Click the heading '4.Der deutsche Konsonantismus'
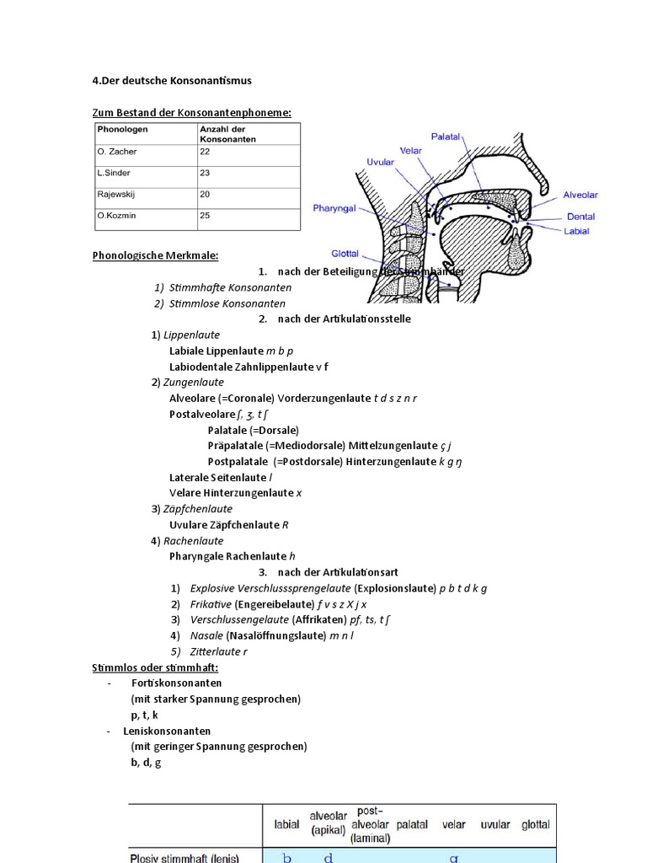coord(171,81)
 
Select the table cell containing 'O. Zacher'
coord(117,152)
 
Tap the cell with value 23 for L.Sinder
coord(206,173)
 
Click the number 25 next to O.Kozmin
coord(206,216)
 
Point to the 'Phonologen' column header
coord(123,129)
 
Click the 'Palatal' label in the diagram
coord(445,136)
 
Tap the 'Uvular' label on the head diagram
coord(380,162)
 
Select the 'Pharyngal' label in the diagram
coord(334,207)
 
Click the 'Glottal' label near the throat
coord(345,253)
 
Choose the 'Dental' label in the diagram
coord(580,217)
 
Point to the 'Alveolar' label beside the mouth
coord(580,195)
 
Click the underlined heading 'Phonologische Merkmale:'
coord(155,255)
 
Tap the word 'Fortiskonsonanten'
coord(177,683)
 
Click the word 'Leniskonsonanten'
coord(167,732)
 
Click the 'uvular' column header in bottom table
coord(495,825)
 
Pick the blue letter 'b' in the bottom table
coord(287,857)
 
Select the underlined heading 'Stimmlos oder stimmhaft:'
coord(155,667)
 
